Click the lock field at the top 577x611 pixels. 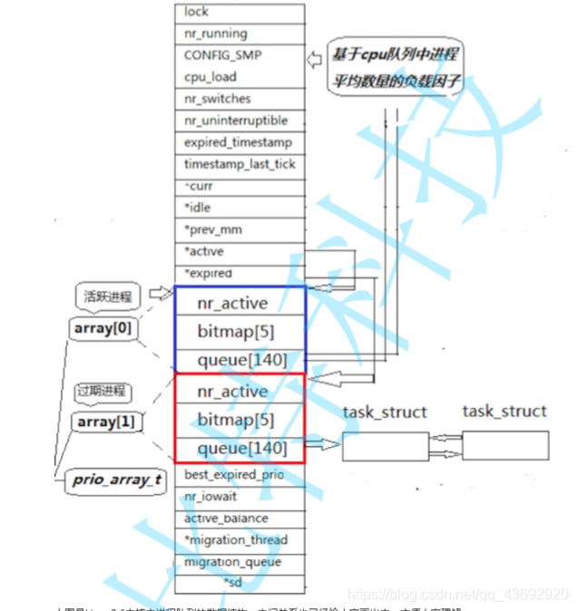tap(240, 12)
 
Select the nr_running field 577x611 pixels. tap(240, 34)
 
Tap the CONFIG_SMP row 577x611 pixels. tap(240, 55)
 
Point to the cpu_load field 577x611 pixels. tap(240, 77)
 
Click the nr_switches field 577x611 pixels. tap(240, 99)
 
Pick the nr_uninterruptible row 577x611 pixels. tap(240, 121)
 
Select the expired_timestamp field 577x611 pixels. tap(240, 142)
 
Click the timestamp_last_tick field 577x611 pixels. tap(240, 164)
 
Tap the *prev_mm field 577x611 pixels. tap(240, 229)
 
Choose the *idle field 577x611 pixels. tap(240, 208)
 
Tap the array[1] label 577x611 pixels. tap(108, 422)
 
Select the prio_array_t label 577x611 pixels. tap(116, 480)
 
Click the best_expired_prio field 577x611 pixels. tap(240, 474)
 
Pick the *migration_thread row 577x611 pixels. tap(240, 540)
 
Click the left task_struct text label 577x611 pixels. tap(385, 412)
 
